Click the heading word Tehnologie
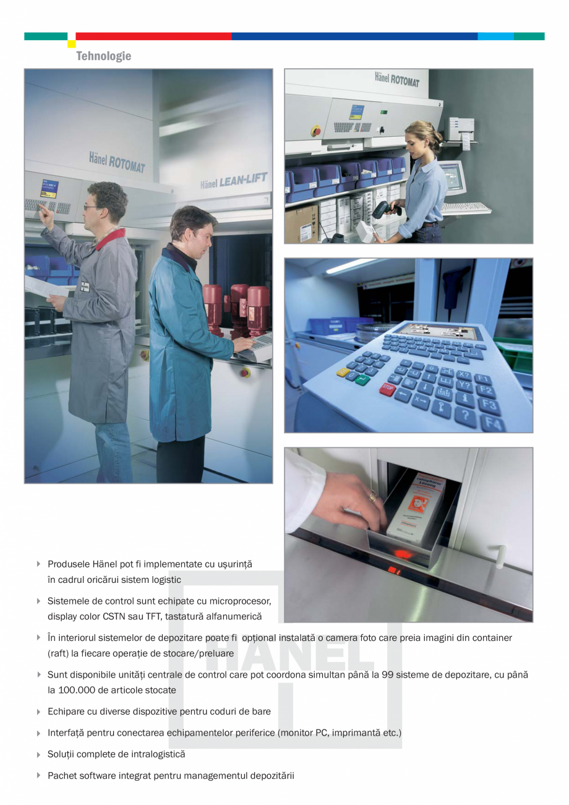103,56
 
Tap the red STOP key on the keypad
388,389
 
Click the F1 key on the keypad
482,378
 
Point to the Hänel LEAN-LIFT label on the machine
233,181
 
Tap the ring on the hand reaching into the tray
372,496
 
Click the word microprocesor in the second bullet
241,601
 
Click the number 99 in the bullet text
388,674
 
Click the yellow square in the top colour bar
72,44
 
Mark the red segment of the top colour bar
153,37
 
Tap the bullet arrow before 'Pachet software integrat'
39,775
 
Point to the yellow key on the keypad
343,372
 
